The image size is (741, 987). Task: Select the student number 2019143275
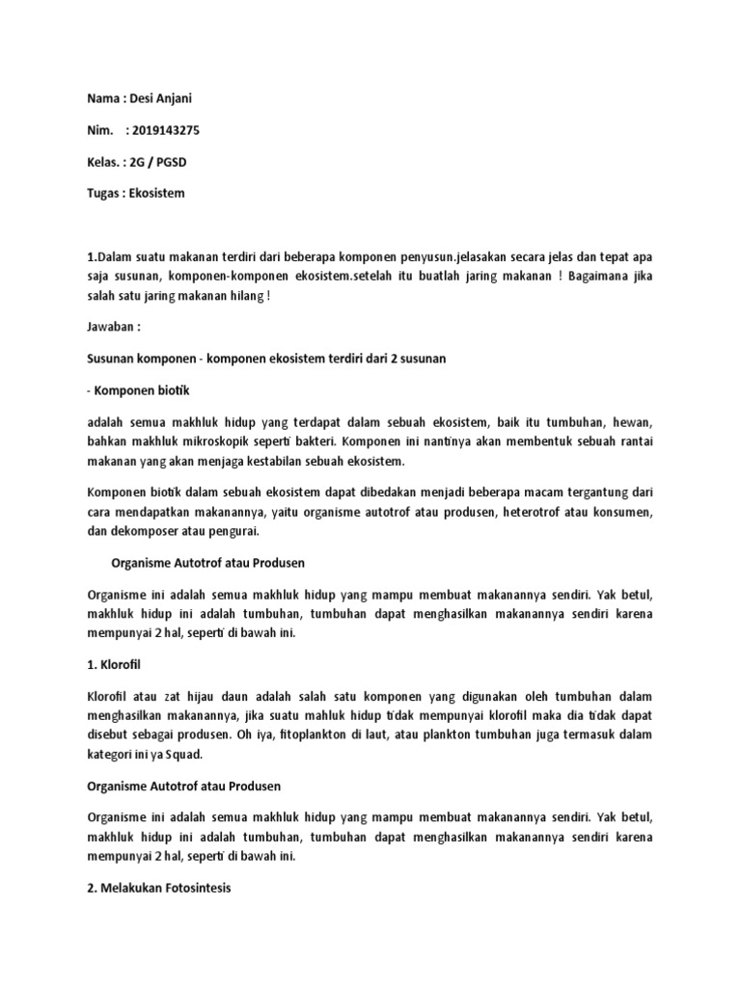tap(162, 130)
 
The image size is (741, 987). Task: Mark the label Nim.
tap(100, 130)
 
